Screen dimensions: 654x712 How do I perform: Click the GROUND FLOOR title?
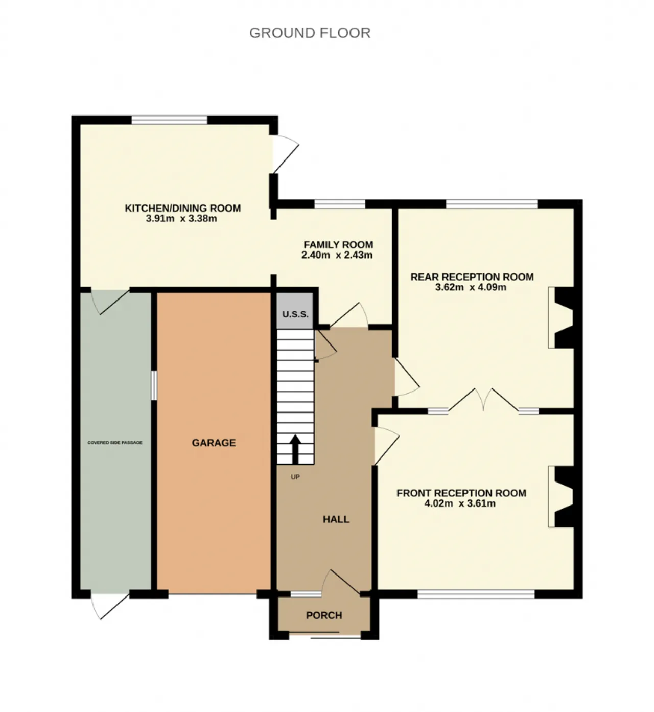pos(310,33)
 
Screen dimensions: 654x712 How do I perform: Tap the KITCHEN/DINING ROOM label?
pos(183,208)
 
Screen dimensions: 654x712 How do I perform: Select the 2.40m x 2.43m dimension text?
pos(337,255)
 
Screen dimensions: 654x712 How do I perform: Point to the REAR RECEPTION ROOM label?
pos(472,277)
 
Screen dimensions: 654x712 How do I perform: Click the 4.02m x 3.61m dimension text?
pos(460,503)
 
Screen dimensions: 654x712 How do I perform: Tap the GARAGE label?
pos(214,443)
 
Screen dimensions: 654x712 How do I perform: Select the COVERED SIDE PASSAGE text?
pos(115,442)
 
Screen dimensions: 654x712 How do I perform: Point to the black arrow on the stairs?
pos(295,449)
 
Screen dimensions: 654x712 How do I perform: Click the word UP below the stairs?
pos(295,477)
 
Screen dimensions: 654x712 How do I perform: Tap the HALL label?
pos(336,519)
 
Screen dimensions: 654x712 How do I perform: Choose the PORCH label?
pos(324,615)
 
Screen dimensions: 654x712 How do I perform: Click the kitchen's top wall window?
pos(169,120)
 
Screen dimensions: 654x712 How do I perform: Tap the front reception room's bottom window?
pos(476,594)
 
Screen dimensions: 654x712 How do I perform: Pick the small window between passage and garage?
pos(154,385)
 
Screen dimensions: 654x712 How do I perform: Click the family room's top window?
pos(340,204)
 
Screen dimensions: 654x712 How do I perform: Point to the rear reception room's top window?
pos(492,204)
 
